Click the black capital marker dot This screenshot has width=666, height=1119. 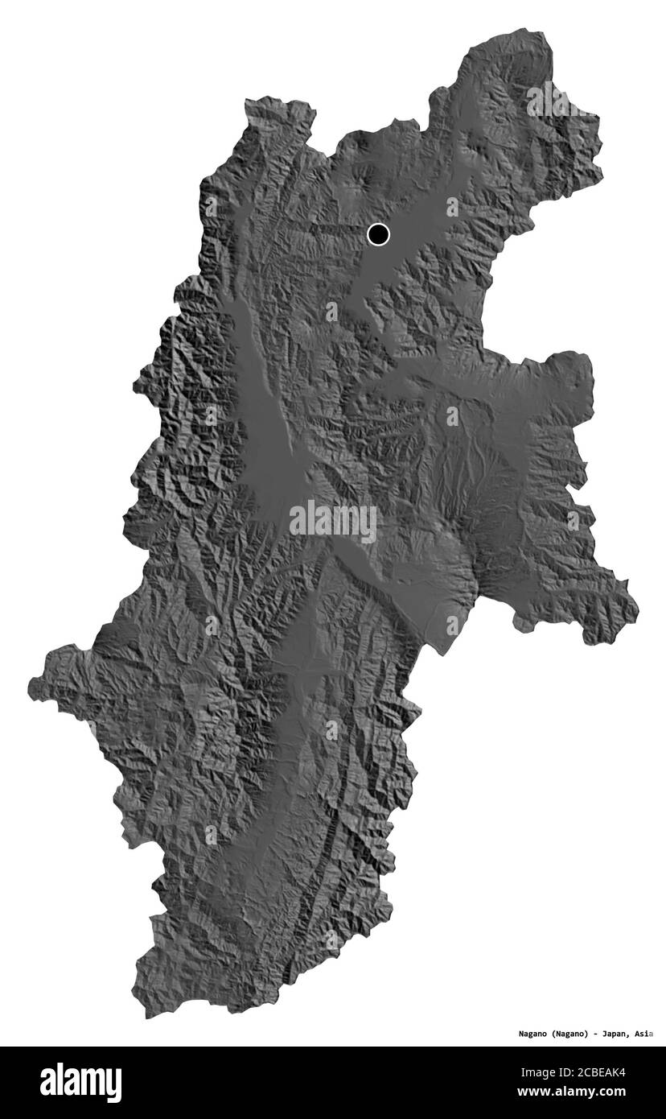click(378, 234)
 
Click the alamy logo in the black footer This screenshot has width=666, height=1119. click(80, 1083)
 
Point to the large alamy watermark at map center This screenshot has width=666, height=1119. click(333, 522)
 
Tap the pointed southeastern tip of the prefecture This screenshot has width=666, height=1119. click(638, 610)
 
